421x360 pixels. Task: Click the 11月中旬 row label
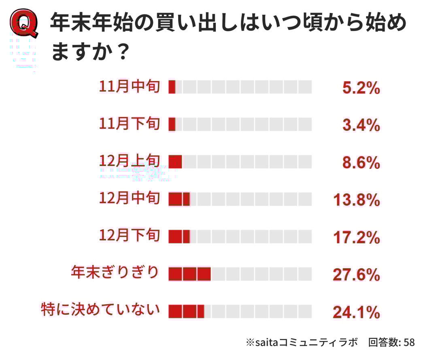tap(130, 87)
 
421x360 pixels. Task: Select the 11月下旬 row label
tap(130, 124)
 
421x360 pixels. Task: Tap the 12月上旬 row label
tap(130, 161)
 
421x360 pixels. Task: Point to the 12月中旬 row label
tap(130, 198)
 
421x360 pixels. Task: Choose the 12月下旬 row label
tap(130, 236)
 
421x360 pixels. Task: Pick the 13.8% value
tap(356, 200)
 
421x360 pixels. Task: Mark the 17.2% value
tap(356, 237)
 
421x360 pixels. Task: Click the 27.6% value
tap(356, 275)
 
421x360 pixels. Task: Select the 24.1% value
tap(356, 312)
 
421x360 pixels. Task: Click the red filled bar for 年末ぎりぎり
tap(189, 274)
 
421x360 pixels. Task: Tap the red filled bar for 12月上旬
tap(175, 162)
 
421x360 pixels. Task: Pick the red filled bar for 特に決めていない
tap(186, 311)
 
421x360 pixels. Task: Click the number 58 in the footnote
tap(409, 342)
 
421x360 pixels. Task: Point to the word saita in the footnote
tap(266, 343)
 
